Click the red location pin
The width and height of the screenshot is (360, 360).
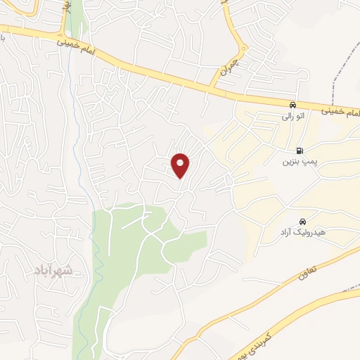click(x=181, y=165)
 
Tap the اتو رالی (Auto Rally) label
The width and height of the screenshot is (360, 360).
click(x=292, y=116)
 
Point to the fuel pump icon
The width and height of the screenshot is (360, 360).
click(x=300, y=150)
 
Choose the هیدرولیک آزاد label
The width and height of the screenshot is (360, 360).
click(x=302, y=232)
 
